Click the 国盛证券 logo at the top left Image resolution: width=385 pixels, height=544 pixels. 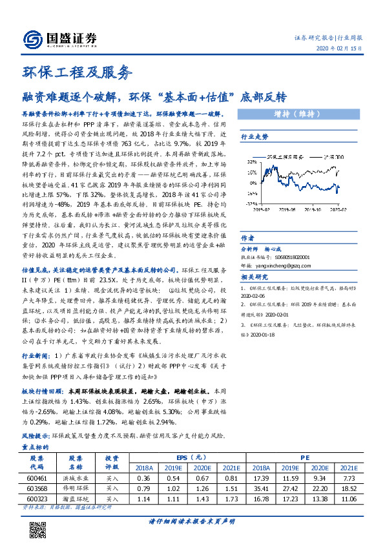[x=59, y=39]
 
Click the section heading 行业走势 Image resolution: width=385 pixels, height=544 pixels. [x=254, y=137]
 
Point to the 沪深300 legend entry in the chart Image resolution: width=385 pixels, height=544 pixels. [x=334, y=157]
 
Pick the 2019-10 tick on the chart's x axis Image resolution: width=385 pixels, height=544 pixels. [x=313, y=209]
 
